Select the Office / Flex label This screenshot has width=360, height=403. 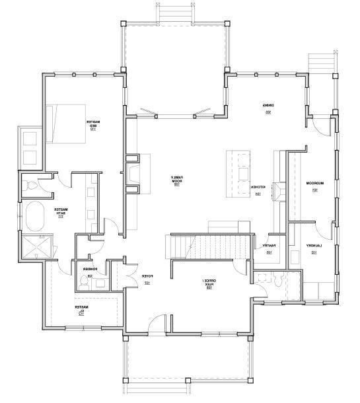[207, 284]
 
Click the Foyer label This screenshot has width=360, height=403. [147, 278]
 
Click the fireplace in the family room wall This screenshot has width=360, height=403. [134, 173]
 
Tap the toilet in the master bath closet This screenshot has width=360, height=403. [30, 186]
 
